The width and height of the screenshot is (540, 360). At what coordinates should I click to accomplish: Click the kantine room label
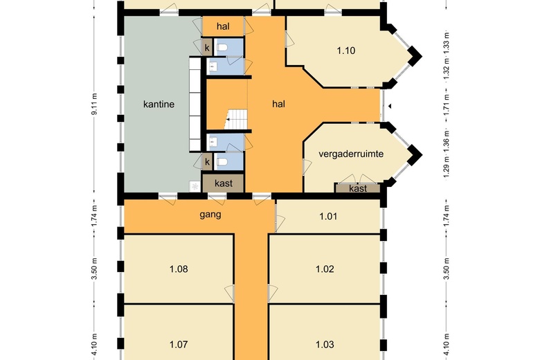pos(159,104)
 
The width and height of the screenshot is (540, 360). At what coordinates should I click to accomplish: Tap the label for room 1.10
pos(345,51)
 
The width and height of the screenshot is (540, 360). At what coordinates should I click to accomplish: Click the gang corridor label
pos(210,215)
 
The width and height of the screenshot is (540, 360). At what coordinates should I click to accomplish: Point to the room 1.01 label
pos(328,216)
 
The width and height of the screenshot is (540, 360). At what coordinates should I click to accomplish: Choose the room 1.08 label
pos(179,269)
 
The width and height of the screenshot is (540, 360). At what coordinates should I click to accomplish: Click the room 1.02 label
pos(325,269)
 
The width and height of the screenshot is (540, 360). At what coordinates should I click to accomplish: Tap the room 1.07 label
pos(179,344)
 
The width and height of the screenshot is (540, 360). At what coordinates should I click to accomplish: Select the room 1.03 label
pos(325,344)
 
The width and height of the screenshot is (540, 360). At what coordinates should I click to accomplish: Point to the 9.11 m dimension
pos(95,105)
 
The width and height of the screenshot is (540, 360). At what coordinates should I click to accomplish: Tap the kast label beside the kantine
pos(224,183)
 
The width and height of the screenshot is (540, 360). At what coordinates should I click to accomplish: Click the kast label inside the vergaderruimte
pos(358,188)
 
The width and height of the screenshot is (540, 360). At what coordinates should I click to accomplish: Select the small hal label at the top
pos(223,26)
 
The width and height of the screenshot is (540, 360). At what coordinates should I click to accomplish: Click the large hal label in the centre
pos(278,104)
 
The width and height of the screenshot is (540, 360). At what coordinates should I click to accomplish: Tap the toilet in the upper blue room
pos(222,47)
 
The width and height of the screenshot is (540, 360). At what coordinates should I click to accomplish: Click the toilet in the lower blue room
pos(222,161)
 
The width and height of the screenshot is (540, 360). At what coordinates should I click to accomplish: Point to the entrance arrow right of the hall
pos(390,107)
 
